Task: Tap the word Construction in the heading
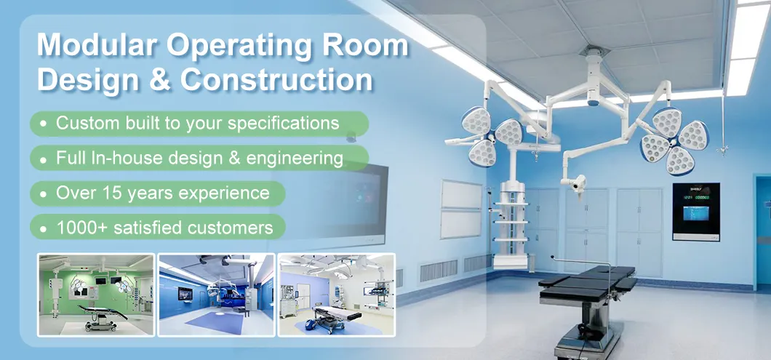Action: tap(277, 80)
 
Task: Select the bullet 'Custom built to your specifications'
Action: tap(197, 123)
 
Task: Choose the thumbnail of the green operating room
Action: tap(96, 294)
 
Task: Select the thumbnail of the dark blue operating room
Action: tap(216, 294)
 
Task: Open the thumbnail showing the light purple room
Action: tap(336, 294)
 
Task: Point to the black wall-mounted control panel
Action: tap(695, 211)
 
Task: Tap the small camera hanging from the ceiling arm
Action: tap(579, 185)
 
